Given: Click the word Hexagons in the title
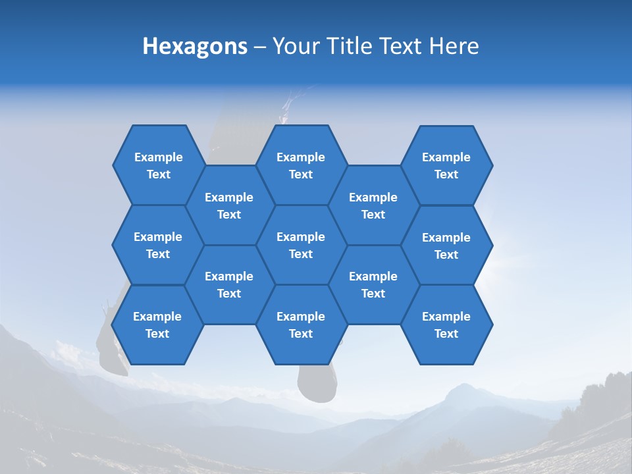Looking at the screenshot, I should (195, 46).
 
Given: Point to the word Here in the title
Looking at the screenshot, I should (454, 46).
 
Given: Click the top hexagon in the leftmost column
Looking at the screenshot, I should (158, 165).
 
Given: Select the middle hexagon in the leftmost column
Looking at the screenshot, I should (158, 245).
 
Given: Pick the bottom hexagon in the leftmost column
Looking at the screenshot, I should (157, 325).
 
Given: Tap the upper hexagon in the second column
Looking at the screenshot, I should (229, 205).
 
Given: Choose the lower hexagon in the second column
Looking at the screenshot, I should (229, 284).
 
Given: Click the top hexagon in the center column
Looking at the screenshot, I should (301, 165).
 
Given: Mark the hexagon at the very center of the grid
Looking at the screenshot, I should (301, 245).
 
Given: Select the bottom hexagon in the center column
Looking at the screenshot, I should (301, 325).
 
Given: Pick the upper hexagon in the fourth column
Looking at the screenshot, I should (373, 205).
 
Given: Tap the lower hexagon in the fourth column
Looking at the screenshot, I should (373, 284).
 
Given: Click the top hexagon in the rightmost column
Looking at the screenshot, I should (446, 165).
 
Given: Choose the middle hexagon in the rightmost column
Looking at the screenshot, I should (446, 246).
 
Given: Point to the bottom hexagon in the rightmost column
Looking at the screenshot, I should (446, 325).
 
